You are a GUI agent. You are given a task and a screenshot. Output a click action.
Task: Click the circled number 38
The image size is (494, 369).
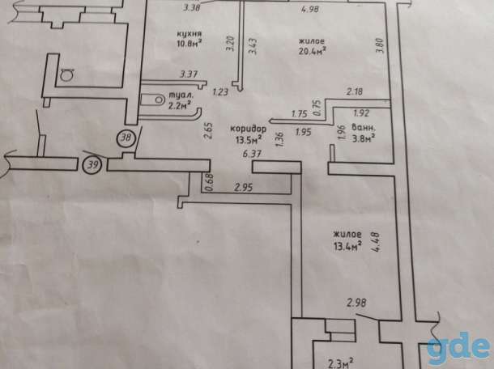click(x=126, y=138)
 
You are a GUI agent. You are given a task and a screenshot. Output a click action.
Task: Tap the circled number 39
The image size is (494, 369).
click(x=92, y=165)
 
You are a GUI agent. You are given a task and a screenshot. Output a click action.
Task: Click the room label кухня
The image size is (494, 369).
click(x=189, y=34)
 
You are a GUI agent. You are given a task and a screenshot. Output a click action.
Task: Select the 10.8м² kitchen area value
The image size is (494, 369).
click(x=189, y=43)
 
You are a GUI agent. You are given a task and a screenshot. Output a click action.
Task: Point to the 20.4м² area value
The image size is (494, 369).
click(x=312, y=50)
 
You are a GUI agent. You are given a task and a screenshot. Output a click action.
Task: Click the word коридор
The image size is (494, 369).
click(x=249, y=129)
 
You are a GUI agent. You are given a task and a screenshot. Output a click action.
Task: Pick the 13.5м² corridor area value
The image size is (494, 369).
click(x=249, y=139)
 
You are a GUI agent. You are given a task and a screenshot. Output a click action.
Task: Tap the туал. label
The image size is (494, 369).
click(x=181, y=95)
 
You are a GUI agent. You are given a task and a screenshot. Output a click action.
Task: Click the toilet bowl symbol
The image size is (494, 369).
click(x=152, y=100)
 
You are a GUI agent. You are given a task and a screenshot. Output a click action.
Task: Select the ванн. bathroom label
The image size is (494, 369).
click(x=364, y=128)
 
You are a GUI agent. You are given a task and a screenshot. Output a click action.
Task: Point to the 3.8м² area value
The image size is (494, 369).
click(x=364, y=138)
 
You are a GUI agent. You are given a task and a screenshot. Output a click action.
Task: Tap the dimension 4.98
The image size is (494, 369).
click(x=310, y=9)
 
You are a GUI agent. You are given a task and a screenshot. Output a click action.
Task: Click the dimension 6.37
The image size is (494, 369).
click(x=252, y=154)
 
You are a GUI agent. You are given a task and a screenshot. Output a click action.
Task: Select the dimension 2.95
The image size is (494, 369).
click(x=244, y=188)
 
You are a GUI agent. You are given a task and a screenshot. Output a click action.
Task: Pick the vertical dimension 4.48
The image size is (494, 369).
click(x=376, y=242)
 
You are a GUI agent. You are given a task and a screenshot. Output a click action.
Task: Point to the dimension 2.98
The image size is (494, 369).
click(x=356, y=303)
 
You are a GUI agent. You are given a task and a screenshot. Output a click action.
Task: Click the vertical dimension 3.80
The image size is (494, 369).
click(x=380, y=45)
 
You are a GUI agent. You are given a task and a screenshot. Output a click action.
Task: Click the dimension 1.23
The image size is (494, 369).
click(x=220, y=92)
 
